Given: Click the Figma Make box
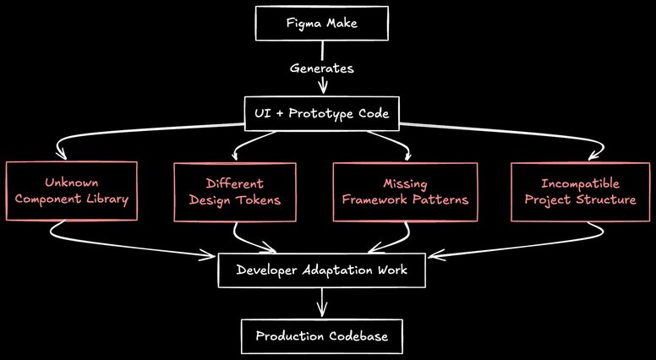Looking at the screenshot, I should (x=321, y=24).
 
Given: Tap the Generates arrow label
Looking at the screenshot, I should (x=321, y=68).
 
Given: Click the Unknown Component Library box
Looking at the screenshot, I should (x=72, y=192).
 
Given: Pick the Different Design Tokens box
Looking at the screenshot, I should (x=235, y=192).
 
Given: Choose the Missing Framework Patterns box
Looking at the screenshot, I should (x=400, y=192).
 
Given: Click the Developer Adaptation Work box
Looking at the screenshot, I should (x=321, y=270).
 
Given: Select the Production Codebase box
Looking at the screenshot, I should (x=321, y=336).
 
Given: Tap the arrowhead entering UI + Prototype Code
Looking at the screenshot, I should (x=321, y=92).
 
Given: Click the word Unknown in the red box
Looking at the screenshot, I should (x=72, y=183).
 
